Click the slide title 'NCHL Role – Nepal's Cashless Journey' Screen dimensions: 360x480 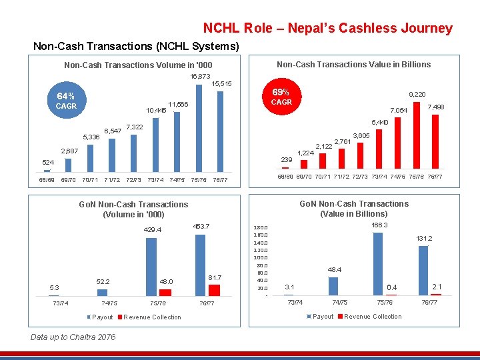327,28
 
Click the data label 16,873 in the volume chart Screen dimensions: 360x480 200,77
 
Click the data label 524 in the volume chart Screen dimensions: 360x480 48,162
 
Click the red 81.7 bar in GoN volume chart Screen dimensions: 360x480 214,289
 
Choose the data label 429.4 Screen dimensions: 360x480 153,230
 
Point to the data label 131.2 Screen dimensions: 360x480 424,239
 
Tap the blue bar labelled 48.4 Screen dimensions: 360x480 334,286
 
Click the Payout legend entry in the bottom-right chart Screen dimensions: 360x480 322,316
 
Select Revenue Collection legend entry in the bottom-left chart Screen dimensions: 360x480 152,317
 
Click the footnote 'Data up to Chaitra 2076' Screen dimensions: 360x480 73,337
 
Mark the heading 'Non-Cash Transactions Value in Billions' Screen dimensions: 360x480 353,64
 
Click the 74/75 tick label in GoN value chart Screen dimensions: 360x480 339,302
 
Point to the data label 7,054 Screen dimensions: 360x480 398,109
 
